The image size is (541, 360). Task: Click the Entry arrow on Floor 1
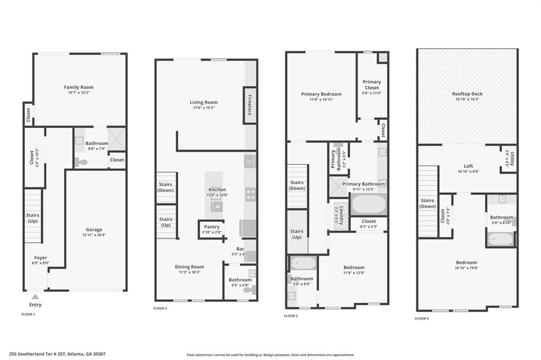[x=35, y=297]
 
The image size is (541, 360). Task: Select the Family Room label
[x=79, y=87]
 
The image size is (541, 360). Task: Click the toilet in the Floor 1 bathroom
[x=81, y=162]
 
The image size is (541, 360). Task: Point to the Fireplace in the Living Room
[x=250, y=105]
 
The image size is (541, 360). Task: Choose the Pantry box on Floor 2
[x=211, y=229]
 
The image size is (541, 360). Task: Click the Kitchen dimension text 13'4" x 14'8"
[x=217, y=195]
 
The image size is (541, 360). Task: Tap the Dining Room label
[x=189, y=267]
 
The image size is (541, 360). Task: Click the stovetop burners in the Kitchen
[x=250, y=194]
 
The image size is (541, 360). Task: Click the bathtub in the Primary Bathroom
[x=368, y=204]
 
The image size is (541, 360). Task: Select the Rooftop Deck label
[x=467, y=94]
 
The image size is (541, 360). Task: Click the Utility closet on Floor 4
[x=508, y=159]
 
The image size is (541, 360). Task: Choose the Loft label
[x=467, y=166]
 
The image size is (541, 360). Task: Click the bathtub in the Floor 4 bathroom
[x=500, y=239]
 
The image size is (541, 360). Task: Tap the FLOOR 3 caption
[x=291, y=316]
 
